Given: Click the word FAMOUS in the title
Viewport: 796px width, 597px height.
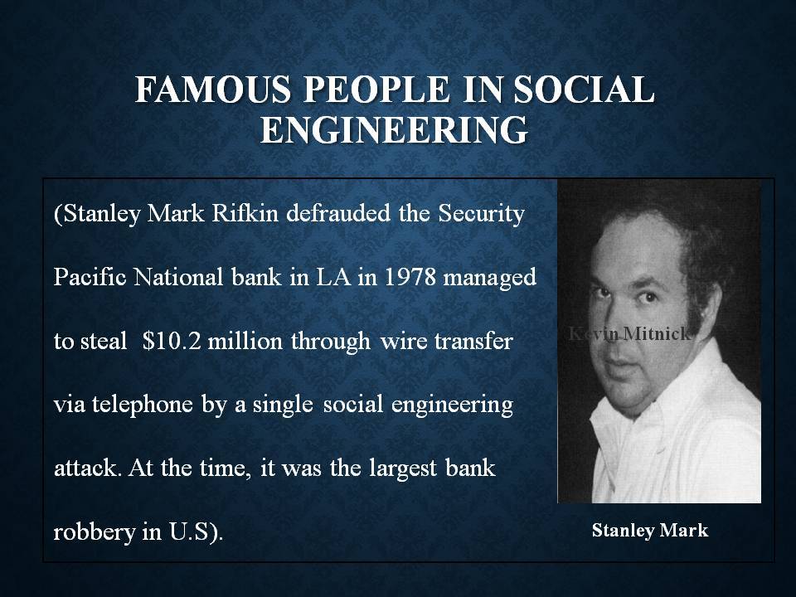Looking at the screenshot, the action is pyautogui.click(x=214, y=89).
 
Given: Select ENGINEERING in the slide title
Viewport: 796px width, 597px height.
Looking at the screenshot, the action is pyautogui.click(x=394, y=129).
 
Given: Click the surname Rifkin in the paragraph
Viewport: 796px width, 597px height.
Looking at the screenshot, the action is pyautogui.click(x=245, y=213).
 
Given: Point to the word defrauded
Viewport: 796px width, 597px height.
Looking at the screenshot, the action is pyautogui.click(x=338, y=213).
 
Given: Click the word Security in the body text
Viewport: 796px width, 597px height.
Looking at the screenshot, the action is pyautogui.click(x=481, y=214).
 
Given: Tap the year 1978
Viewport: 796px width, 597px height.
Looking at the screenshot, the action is pyautogui.click(x=410, y=277).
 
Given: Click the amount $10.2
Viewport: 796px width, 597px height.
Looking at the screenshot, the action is pyautogui.click(x=172, y=341).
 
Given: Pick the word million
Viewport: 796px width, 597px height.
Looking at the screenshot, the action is pyautogui.click(x=245, y=341).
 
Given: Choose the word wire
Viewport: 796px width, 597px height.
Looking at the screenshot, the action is pyautogui.click(x=400, y=341).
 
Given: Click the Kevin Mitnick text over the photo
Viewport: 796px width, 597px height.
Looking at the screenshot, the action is pyautogui.click(x=630, y=333).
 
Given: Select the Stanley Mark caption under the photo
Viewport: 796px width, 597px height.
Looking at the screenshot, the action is pyautogui.click(x=650, y=531).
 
